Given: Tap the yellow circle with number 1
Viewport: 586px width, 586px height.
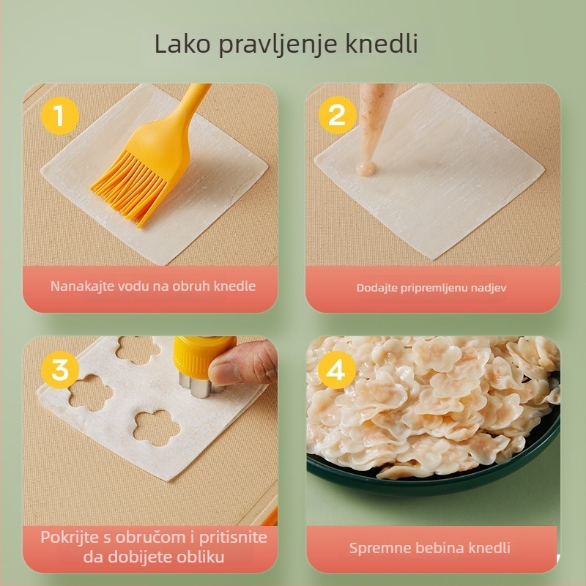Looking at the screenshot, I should [59, 115].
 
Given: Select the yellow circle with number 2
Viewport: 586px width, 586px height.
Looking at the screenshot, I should [336, 115].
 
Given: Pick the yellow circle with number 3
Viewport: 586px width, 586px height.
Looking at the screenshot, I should [59, 371].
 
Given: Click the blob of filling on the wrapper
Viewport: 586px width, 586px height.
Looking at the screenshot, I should [365, 169].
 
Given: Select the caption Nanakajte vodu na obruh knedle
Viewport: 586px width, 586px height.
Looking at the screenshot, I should [153, 286].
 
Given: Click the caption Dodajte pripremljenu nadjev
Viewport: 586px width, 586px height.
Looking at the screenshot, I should [431, 287].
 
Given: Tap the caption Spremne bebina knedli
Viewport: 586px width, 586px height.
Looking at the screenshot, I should [429, 548].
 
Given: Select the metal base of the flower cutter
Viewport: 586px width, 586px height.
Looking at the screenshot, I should [194, 385].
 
